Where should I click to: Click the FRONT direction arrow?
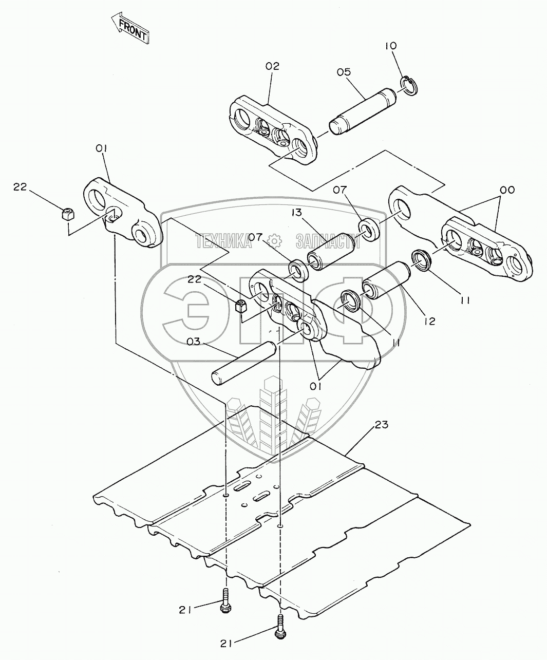point(129,30)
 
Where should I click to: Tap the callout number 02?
point(272,66)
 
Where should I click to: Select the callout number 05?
point(344,72)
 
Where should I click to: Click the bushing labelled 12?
point(385,281)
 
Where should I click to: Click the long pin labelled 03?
point(244,365)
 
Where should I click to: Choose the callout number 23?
point(382,425)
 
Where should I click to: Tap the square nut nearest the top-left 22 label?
point(66,214)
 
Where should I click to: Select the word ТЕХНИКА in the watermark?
point(223,240)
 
